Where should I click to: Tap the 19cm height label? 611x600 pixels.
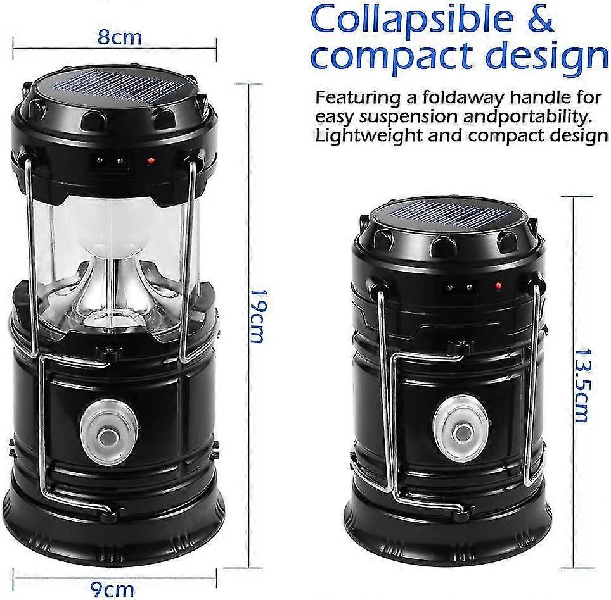(x=257, y=316)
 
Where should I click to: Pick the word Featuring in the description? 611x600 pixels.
(x=356, y=99)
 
